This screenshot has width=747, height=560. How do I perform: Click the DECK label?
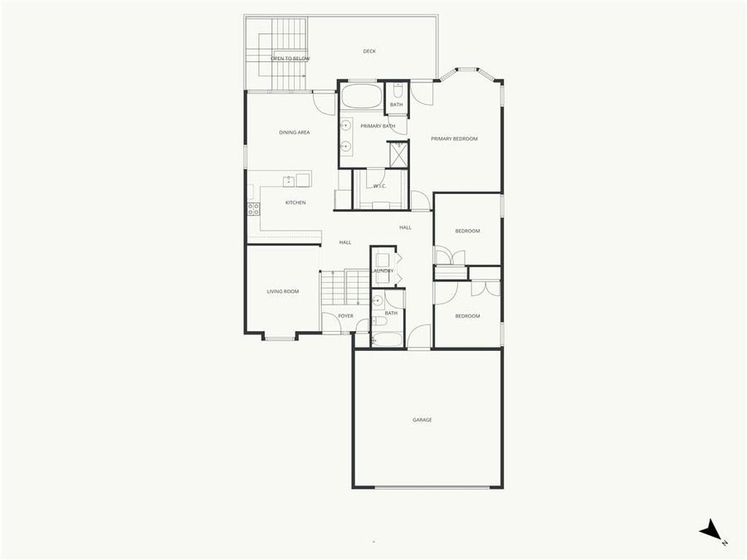pyautogui.click(x=369, y=51)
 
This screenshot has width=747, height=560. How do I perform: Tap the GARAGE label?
pyautogui.click(x=422, y=420)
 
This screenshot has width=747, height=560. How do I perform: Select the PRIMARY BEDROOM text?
pyautogui.click(x=454, y=139)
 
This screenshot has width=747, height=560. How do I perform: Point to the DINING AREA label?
pyautogui.click(x=295, y=132)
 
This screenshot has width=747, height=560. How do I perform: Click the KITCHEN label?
pyautogui.click(x=295, y=202)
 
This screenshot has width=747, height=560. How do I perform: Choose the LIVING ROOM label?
pyautogui.click(x=282, y=291)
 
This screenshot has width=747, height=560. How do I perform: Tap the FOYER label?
pyautogui.click(x=345, y=316)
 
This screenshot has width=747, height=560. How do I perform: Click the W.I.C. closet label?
pyautogui.click(x=379, y=186)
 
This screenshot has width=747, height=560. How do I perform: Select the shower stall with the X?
pyautogui.click(x=398, y=153)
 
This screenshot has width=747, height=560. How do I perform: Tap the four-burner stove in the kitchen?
pyautogui.click(x=252, y=207)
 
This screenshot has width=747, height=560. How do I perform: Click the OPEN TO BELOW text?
pyautogui.click(x=290, y=59)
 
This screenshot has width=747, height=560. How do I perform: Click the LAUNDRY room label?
pyautogui.click(x=383, y=270)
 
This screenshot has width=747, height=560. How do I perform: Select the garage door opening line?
pyautogui.click(x=427, y=487)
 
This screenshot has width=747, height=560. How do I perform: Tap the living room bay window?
pyautogui.click(x=280, y=338)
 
